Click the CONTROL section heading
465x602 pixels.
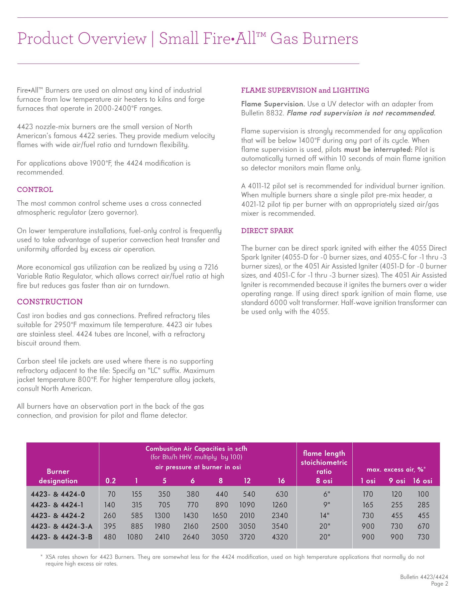coord(35,190)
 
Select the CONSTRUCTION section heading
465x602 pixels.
coord(50,302)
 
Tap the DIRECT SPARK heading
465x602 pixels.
coord(267,231)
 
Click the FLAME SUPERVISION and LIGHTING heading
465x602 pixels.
coord(305,90)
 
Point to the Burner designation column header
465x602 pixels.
coord(58,476)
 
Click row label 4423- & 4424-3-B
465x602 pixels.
coord(62,537)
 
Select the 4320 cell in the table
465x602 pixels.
coord(280,537)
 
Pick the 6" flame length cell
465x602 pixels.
coord(324,494)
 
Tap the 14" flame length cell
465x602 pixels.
coord(324,515)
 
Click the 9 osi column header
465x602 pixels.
coord(397,481)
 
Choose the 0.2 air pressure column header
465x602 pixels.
coord(111,481)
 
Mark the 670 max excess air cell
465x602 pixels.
coord(423,526)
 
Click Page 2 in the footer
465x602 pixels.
coord(439,584)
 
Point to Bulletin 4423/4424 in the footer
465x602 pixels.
coord(424,577)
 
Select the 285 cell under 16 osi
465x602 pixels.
coord(423,505)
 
